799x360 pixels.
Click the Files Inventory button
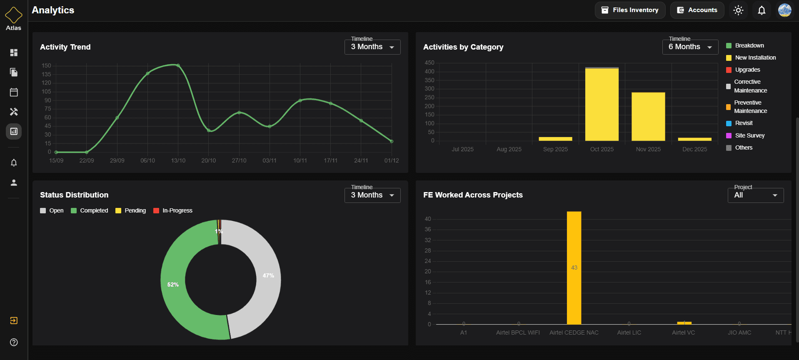click(x=629, y=10)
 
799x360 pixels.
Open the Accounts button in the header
click(x=697, y=10)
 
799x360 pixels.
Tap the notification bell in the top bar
click(x=762, y=10)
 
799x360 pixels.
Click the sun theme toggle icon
click(x=738, y=10)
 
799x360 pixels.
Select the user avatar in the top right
click(x=785, y=10)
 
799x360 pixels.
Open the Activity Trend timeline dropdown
click(x=372, y=47)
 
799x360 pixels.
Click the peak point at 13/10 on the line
click(x=178, y=65)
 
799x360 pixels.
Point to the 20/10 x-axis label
click(x=208, y=160)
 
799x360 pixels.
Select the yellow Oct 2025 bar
click(x=602, y=104)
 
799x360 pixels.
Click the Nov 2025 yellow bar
click(x=648, y=117)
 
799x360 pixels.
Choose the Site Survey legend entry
click(x=749, y=135)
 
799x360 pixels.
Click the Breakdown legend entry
click(x=749, y=45)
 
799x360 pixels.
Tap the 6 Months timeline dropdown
click(x=690, y=47)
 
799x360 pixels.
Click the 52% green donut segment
click(x=173, y=285)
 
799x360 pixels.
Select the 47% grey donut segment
click(x=268, y=275)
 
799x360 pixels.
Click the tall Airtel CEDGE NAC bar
click(x=574, y=267)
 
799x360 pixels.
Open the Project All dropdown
click(x=755, y=195)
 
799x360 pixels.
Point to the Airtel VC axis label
click(x=683, y=332)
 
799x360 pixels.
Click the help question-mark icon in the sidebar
click(x=14, y=342)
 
